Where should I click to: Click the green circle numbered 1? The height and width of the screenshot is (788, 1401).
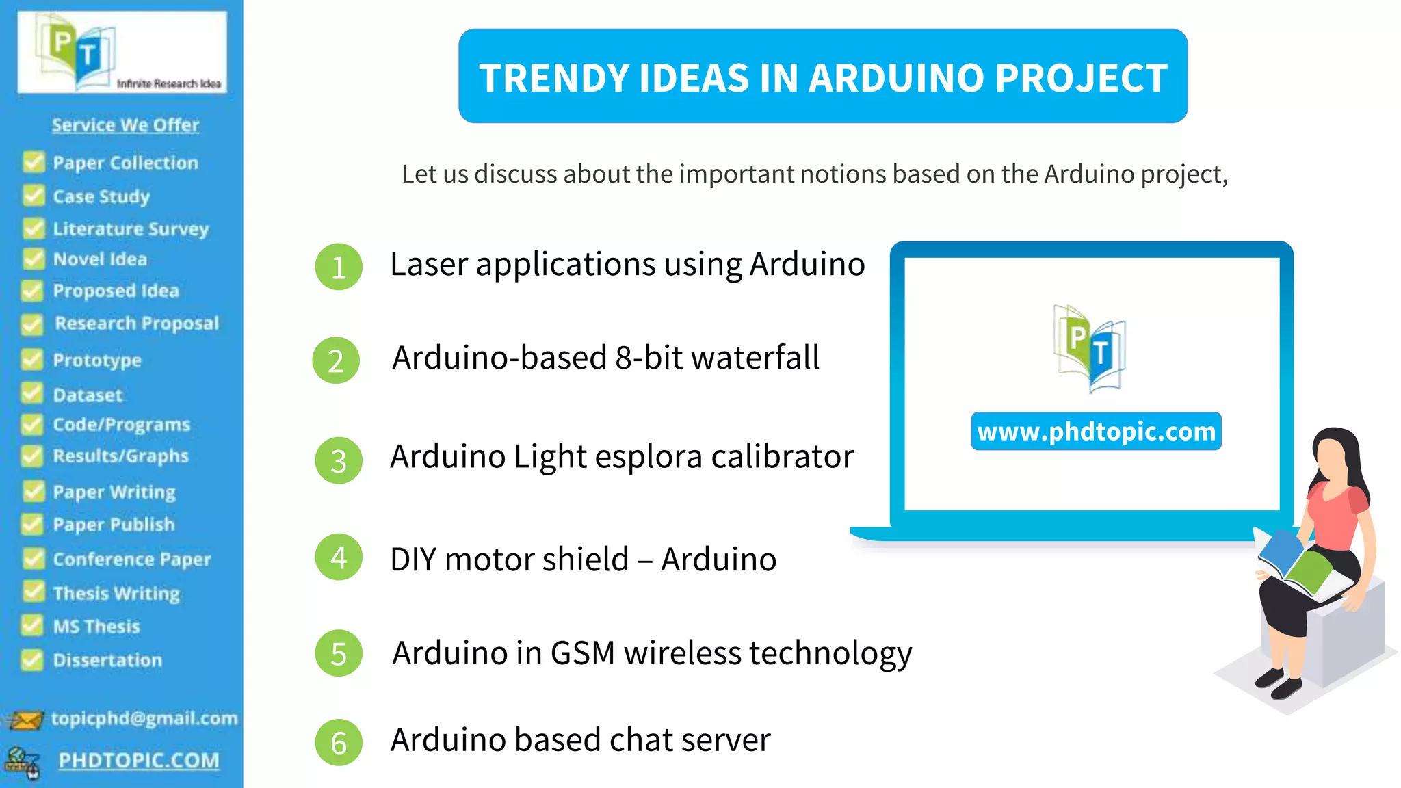338,267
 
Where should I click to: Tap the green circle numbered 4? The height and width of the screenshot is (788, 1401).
338,557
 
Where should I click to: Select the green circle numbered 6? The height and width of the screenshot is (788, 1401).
338,742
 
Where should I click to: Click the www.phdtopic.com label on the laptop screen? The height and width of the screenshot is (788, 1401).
1096,432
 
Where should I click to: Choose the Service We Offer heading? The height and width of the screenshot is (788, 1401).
125,124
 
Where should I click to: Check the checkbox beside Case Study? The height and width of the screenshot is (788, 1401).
33,196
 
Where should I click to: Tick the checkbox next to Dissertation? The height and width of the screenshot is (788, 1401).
31,659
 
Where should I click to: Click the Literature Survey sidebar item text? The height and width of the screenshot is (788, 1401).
131,228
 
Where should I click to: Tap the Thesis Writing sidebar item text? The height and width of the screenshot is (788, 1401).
116,592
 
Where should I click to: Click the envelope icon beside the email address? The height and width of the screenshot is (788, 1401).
25,720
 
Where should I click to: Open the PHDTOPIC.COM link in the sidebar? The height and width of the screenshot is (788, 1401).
139,760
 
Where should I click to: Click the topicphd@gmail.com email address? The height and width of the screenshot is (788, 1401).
144,718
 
